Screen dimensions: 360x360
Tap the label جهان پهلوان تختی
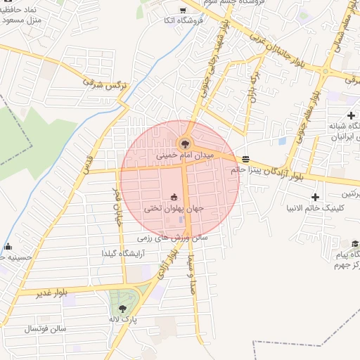point(174,208)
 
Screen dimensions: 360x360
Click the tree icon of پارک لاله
point(123,309)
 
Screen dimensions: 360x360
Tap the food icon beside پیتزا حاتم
point(245,159)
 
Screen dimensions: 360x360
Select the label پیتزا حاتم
point(246,169)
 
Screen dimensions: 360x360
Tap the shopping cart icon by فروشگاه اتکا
point(183,10)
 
